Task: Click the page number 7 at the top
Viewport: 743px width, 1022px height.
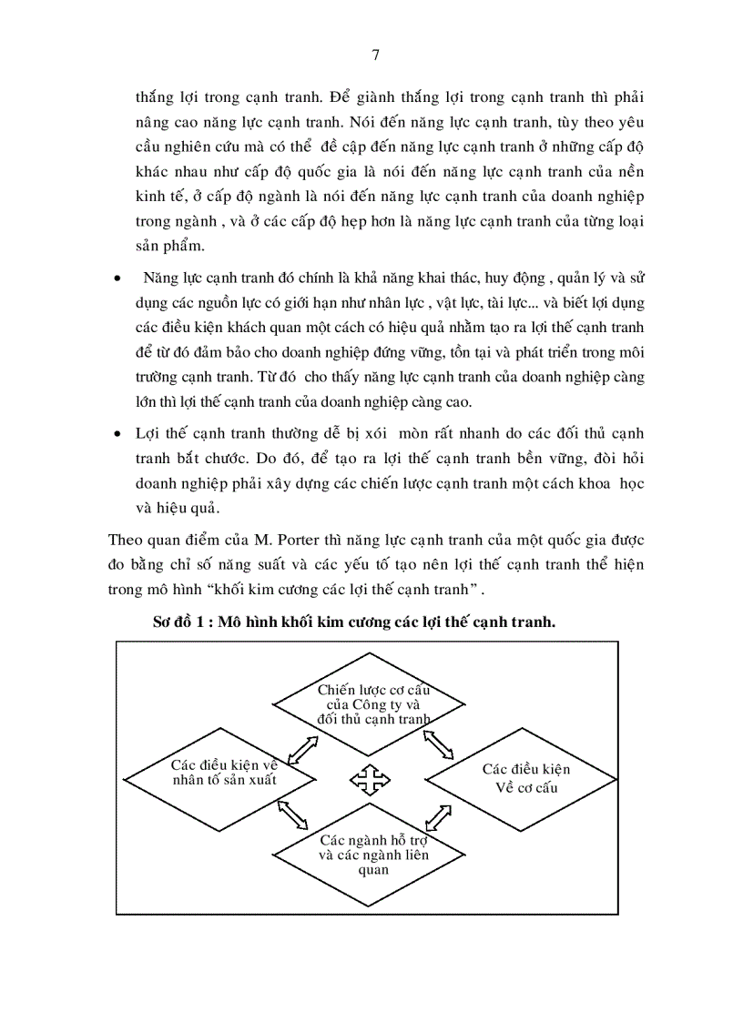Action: (376, 55)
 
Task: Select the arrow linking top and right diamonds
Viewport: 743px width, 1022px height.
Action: (440, 744)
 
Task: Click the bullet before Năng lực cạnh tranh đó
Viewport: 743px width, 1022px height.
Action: (116, 278)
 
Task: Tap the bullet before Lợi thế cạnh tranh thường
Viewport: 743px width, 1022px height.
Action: (116, 434)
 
